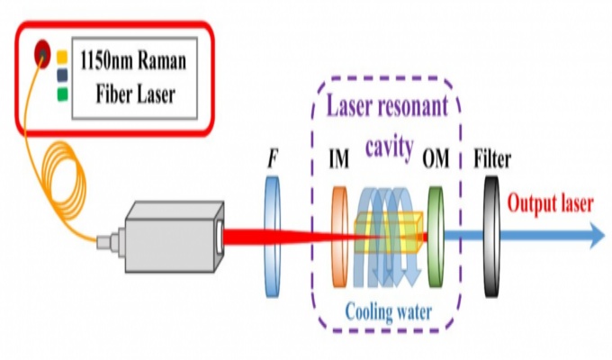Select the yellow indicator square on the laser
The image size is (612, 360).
click(62, 57)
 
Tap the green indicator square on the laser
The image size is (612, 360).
click(62, 92)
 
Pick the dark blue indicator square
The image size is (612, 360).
click(62, 74)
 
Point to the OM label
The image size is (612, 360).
click(436, 161)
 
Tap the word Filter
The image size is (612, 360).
click(492, 161)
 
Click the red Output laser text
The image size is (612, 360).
click(550, 203)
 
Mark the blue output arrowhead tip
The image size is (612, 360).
click(601, 237)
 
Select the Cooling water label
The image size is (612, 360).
click(388, 311)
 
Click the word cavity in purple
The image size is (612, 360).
click(389, 146)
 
